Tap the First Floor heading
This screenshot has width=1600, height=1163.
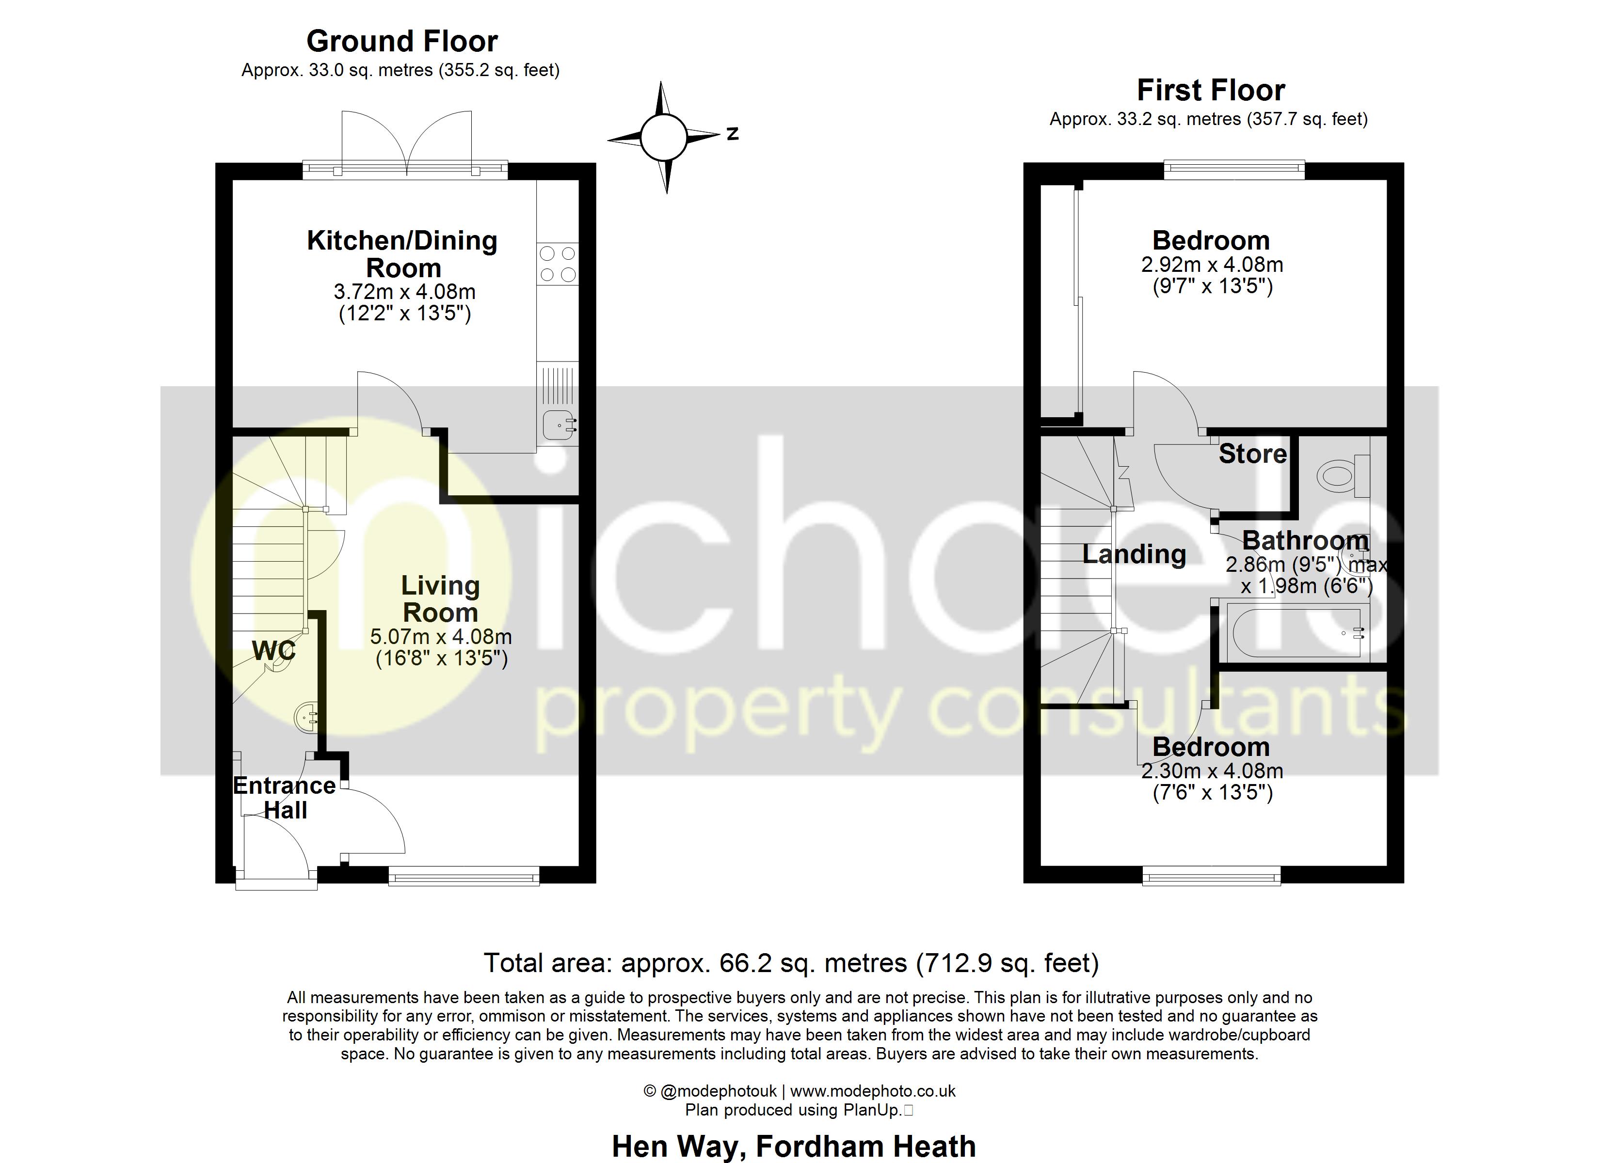(1211, 90)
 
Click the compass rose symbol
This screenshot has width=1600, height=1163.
(663, 137)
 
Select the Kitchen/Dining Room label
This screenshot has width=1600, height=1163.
(402, 254)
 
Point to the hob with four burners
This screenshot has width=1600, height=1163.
(557, 264)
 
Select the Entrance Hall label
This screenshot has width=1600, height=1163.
(284, 798)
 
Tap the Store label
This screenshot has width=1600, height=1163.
(1253, 454)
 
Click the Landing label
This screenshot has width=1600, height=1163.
(1135, 554)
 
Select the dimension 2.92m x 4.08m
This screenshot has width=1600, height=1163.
(1212, 265)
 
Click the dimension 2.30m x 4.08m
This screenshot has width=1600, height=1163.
(1212, 771)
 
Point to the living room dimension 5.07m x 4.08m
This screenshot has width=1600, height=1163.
(441, 637)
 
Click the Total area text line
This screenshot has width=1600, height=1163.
(791, 963)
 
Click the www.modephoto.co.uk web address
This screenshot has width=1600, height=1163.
(873, 1091)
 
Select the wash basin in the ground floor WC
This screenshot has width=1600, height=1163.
(306, 717)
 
